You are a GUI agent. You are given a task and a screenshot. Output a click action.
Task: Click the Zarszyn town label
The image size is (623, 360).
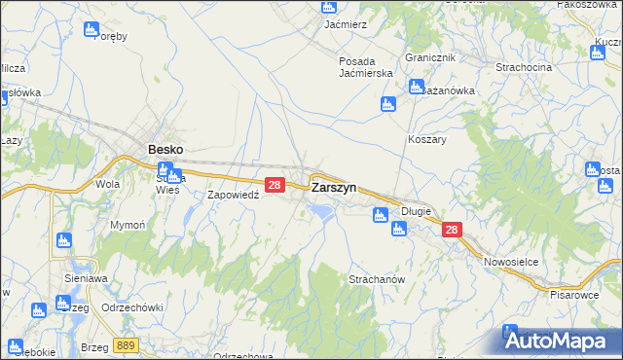click(333, 186)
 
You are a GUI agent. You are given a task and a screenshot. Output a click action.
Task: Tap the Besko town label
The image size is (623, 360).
click(165, 149)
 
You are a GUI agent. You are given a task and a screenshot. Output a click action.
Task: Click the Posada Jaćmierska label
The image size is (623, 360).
click(365, 67)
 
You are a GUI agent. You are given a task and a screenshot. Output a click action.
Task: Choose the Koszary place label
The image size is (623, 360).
click(427, 139)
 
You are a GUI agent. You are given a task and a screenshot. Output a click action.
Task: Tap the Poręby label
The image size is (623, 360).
click(110, 36)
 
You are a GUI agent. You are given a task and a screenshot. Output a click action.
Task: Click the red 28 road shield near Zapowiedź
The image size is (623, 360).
click(275, 184)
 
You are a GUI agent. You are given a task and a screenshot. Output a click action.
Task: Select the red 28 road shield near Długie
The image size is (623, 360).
click(451, 230)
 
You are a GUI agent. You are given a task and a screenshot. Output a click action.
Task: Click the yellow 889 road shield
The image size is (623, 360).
click(125, 344)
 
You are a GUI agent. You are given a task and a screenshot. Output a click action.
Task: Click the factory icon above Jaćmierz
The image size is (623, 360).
click(328, 8)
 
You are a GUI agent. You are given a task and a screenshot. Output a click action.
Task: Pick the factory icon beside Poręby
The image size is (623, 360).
click(91, 29)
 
